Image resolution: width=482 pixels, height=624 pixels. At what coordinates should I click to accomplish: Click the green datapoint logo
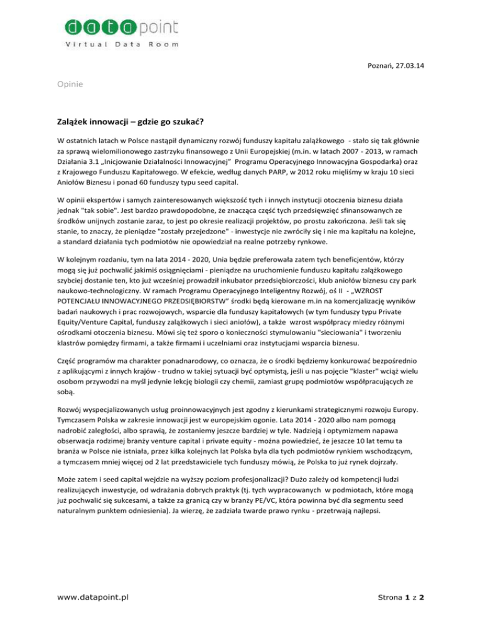121,27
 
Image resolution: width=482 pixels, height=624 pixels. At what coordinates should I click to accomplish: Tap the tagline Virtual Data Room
121,45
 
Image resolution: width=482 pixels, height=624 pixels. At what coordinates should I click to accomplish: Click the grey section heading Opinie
69,101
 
